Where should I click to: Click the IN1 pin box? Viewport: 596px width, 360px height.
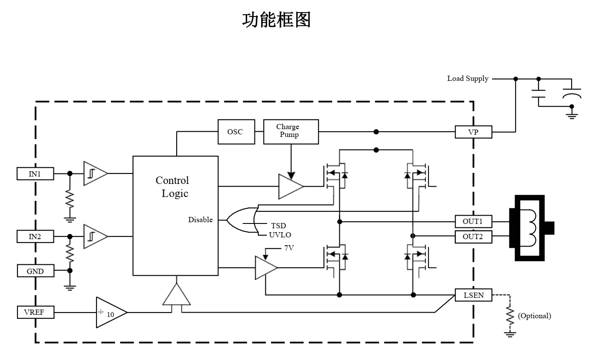(35, 174)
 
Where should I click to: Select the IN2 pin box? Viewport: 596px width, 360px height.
(35, 237)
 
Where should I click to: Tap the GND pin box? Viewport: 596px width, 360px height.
(35, 271)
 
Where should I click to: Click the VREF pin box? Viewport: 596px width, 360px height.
(36, 312)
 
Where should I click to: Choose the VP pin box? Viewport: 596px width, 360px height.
(473, 132)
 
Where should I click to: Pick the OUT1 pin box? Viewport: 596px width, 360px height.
(473, 222)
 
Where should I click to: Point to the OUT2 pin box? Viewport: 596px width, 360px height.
(473, 237)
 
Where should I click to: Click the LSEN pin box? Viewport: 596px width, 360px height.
(473, 296)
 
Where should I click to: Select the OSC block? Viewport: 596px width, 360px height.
(235, 132)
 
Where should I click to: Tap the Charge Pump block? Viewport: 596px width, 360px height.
(291, 132)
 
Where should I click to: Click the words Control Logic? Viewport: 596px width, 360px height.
(173, 187)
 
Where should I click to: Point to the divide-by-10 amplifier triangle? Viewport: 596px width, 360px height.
(110, 313)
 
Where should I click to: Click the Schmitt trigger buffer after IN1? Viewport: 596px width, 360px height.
(94, 173)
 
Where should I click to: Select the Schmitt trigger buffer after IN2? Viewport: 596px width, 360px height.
(94, 237)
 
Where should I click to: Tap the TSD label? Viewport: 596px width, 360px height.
(278, 226)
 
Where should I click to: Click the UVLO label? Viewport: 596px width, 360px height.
(280, 235)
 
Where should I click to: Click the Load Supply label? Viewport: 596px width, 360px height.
(468, 79)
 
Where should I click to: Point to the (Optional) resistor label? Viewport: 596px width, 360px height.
(534, 316)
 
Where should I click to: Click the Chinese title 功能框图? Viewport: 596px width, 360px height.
(277, 20)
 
